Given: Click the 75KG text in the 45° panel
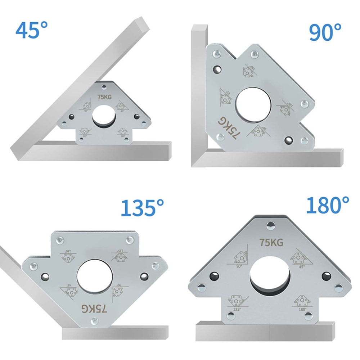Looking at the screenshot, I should click(x=104, y=96).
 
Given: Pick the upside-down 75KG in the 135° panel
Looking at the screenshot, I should click(x=94, y=308).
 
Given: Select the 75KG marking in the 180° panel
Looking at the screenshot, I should click(x=272, y=243).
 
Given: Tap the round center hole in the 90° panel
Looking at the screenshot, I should click(x=253, y=104).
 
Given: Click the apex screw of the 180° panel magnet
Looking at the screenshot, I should click(x=270, y=226).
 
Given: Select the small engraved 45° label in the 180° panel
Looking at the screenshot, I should click(x=301, y=267).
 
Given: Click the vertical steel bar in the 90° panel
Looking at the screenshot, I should click(x=199, y=90).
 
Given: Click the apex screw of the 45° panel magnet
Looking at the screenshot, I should click(x=104, y=86).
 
